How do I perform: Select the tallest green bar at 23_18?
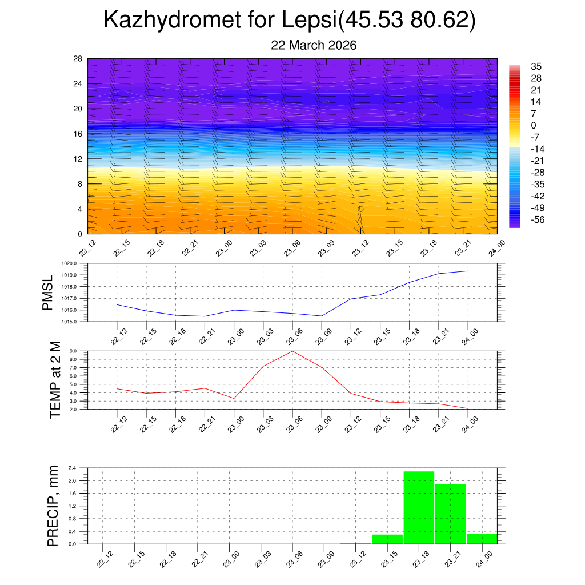click(419, 507)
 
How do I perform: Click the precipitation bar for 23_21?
click(450, 514)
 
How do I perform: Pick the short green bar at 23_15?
click(387, 539)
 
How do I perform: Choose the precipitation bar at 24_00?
click(482, 539)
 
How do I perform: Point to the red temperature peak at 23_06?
click(292, 351)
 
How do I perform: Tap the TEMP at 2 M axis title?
click(55, 380)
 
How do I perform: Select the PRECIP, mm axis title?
click(53, 506)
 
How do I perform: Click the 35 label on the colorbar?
click(536, 66)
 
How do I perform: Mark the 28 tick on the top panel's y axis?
click(78, 58)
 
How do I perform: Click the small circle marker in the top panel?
click(360, 209)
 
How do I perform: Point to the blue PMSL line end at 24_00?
click(468, 271)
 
